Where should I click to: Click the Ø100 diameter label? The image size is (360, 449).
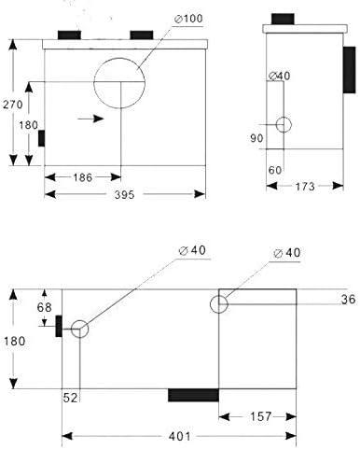tap(188, 19)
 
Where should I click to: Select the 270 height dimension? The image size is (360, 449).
tap(13, 105)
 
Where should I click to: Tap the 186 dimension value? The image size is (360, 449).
tap(83, 177)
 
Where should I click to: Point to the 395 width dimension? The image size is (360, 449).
tap(124, 195)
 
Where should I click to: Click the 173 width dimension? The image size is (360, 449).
tap(305, 187)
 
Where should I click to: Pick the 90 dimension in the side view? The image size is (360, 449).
tap(256, 138)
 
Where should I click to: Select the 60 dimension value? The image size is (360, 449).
tap(275, 170)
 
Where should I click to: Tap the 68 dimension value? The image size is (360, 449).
tap(44, 307)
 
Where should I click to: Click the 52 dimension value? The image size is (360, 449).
tap(70, 398)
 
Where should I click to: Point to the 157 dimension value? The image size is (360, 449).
tap(261, 416)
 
